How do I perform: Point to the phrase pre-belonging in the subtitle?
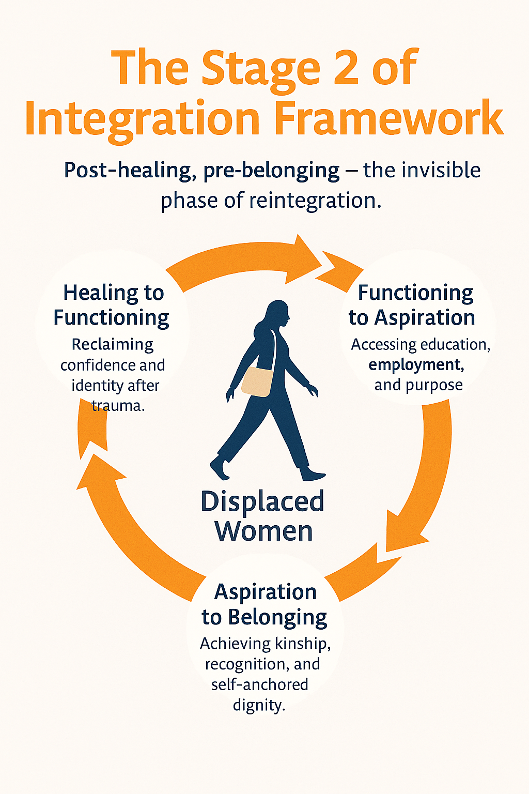272,171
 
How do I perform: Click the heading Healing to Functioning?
112,305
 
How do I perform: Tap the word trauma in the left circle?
118,406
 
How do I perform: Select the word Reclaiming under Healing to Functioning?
113,344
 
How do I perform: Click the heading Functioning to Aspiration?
413,305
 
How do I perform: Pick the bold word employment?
416,365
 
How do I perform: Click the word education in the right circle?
447,344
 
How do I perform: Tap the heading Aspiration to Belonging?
264,604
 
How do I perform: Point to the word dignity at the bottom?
259,705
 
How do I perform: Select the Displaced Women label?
263,516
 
